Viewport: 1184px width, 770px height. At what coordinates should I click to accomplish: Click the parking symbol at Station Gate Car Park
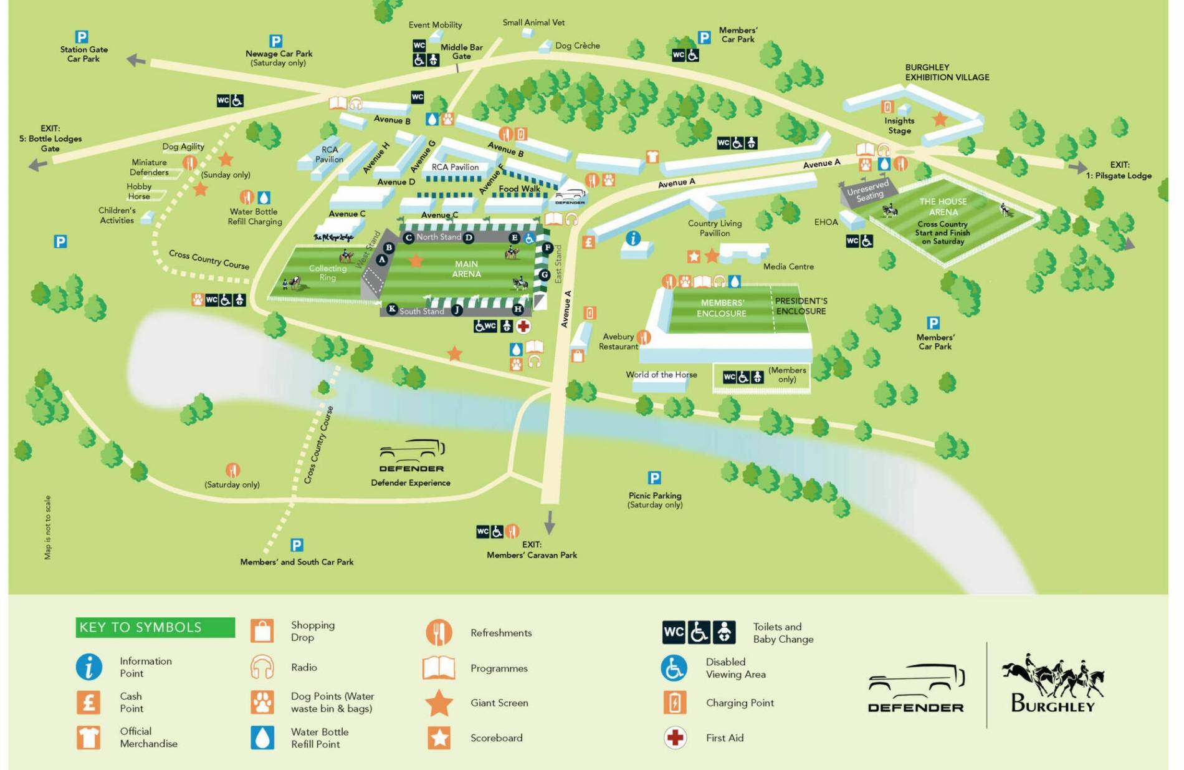81,37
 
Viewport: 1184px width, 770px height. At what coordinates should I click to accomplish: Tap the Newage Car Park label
279,54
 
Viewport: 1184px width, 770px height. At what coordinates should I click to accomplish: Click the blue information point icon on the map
633,239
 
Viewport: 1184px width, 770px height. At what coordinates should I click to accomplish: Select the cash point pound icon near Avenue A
588,242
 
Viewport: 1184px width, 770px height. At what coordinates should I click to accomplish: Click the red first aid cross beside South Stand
523,326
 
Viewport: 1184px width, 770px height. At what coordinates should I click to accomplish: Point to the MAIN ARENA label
466,269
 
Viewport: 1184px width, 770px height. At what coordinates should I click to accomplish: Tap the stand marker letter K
392,309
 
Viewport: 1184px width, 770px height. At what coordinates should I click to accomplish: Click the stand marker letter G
544,274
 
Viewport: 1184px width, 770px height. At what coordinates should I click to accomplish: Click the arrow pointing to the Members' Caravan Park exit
550,522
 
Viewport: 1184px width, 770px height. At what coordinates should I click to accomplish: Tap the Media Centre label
788,267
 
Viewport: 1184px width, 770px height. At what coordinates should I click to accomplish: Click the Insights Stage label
899,125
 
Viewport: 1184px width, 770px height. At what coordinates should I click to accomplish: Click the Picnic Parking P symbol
654,478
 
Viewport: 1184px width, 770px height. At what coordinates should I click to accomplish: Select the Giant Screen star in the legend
439,703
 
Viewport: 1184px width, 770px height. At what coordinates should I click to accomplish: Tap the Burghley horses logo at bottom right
1053,683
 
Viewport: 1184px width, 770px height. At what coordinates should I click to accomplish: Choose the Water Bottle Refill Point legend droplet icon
262,738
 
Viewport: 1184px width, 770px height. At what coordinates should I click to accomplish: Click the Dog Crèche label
577,46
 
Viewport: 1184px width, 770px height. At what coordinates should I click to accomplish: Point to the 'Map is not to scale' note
48,527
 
